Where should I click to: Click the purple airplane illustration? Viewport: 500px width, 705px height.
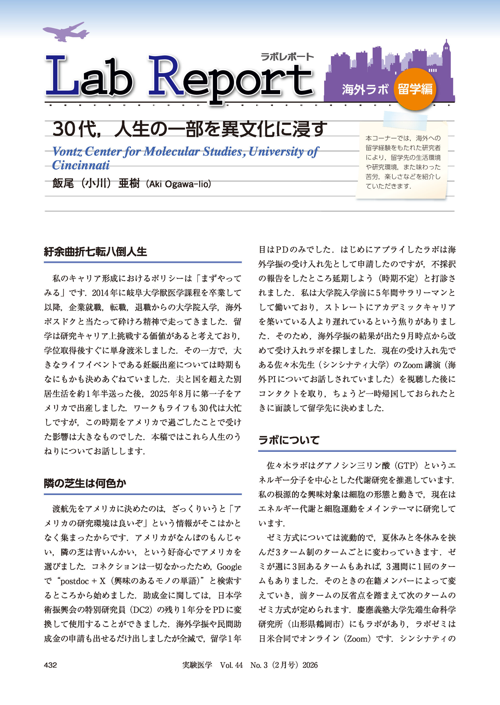(x=66, y=32)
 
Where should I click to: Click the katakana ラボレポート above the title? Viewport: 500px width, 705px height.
(x=287, y=57)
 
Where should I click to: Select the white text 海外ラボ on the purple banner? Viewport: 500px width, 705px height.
(x=365, y=89)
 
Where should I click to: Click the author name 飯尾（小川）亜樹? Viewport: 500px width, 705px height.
(x=96, y=183)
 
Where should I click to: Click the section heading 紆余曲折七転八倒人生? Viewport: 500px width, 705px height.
(x=95, y=252)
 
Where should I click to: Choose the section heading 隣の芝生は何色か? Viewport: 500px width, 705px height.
(x=85, y=483)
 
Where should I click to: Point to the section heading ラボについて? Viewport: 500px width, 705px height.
(x=289, y=440)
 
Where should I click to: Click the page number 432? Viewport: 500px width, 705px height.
(x=51, y=665)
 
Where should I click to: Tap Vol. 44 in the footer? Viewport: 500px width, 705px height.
(x=231, y=665)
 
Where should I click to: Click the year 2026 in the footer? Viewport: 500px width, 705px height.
(x=310, y=665)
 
